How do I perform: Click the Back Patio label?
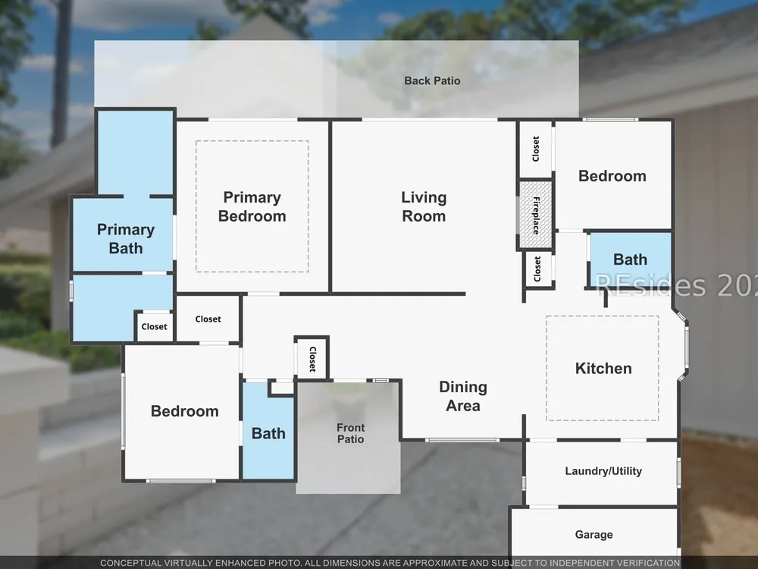point(432,81)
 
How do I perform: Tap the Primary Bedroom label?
point(252,206)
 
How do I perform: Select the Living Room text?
point(424,206)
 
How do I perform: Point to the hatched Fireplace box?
point(536,215)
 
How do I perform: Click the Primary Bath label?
point(126,238)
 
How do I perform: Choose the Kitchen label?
point(603,368)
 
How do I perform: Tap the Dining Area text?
point(463,396)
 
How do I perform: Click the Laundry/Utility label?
point(603,471)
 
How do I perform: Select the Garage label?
point(594,535)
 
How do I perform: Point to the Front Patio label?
point(350,433)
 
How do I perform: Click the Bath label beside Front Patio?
point(268,433)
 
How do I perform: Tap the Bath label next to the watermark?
point(630,259)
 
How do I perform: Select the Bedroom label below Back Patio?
point(612,176)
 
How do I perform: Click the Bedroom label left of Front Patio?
point(185,411)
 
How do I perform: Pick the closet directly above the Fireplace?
point(536,149)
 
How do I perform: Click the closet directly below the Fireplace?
point(538,269)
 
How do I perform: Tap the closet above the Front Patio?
point(312,359)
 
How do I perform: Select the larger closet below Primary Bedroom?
point(208,319)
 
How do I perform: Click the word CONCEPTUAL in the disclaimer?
point(131,563)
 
